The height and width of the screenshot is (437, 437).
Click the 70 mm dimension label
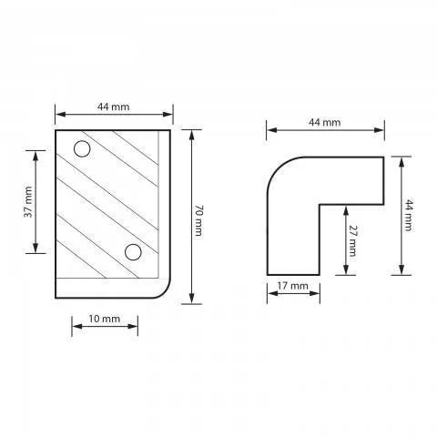tap(198, 220)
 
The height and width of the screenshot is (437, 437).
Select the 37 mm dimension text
tap(28, 202)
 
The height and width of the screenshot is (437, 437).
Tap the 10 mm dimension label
tap(105, 319)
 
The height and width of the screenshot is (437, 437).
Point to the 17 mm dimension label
tap(292, 286)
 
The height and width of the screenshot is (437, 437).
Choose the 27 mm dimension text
tap(352, 240)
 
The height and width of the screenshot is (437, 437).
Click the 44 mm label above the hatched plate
tap(113, 107)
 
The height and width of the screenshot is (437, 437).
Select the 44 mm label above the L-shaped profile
tap(325, 122)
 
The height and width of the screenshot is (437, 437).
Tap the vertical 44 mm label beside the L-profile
tap(409, 215)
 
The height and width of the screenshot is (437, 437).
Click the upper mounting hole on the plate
tap(82, 149)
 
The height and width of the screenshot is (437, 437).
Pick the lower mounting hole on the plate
tap(133, 252)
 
